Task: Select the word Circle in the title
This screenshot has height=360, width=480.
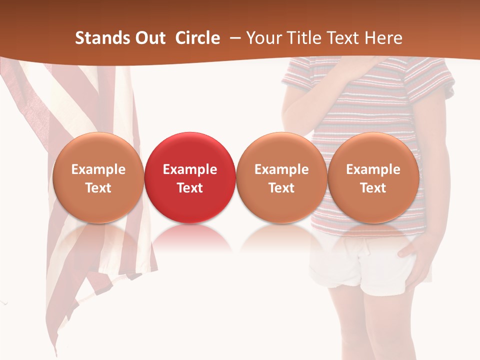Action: point(197,38)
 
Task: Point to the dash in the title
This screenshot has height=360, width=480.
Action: point(235,38)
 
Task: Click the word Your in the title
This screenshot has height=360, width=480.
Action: point(263,38)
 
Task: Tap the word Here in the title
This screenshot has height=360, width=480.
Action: point(383,38)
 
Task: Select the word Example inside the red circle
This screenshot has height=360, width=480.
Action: point(190,169)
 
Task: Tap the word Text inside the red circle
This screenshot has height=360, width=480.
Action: point(190,188)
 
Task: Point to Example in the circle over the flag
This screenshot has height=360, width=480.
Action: point(98,169)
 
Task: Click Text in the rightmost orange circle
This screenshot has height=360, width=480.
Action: point(373,188)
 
